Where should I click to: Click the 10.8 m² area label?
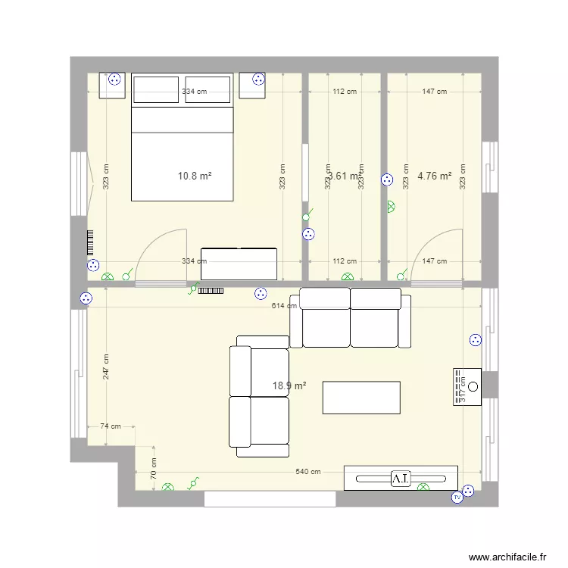point(194,176)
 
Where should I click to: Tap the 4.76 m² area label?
point(434,176)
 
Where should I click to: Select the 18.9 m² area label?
point(289,385)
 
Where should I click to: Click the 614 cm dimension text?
point(284,305)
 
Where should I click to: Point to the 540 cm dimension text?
point(307,471)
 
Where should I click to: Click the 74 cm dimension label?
point(111,426)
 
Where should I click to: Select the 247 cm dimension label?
point(106,367)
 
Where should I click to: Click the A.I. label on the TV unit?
point(400,479)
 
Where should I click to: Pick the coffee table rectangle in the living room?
point(361,398)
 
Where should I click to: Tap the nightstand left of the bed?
point(112,86)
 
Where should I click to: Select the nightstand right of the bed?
point(254,86)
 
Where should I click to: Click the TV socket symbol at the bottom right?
point(457,498)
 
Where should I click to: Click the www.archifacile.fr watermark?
point(507,557)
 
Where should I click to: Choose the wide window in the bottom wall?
point(270,499)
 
